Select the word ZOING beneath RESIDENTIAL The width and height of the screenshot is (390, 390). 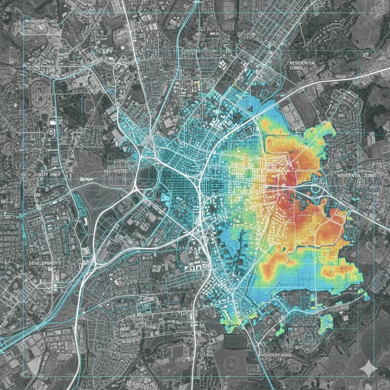296,67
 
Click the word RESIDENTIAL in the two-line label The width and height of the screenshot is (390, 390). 303,62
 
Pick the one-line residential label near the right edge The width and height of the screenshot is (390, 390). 356,176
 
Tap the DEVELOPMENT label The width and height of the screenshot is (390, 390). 46,263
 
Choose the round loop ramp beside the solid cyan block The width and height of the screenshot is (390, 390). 148,195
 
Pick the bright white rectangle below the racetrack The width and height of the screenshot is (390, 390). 53,122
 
